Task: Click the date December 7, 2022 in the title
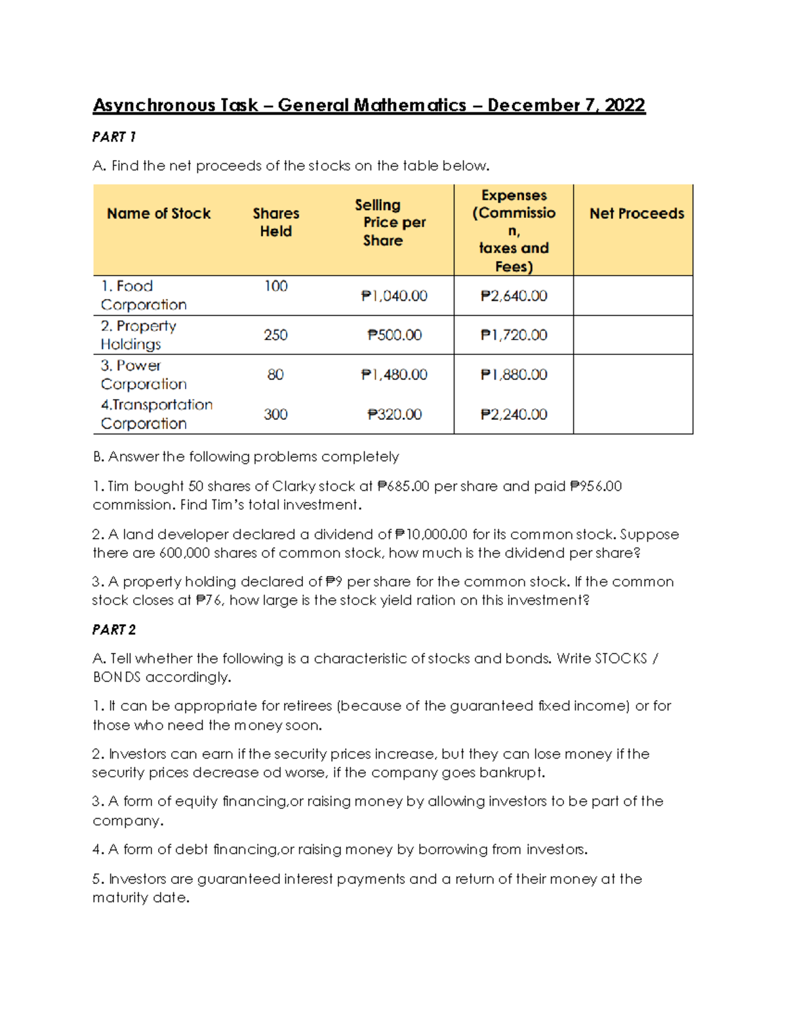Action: (566, 106)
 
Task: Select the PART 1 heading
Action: (113, 137)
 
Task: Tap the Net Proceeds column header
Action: (636, 214)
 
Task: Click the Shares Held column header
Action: (275, 222)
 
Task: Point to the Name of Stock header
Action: (159, 214)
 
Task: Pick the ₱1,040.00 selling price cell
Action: (394, 296)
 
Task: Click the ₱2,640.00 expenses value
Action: (514, 296)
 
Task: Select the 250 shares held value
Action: (275, 335)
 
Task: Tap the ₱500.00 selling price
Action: (394, 335)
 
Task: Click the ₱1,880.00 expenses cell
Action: (514, 375)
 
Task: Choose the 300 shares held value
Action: (275, 415)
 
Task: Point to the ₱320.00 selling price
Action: (394, 415)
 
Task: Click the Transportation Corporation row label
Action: (156, 414)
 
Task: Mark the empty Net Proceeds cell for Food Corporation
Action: (633, 296)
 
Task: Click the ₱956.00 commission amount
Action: (596, 486)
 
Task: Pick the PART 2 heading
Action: (113, 630)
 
